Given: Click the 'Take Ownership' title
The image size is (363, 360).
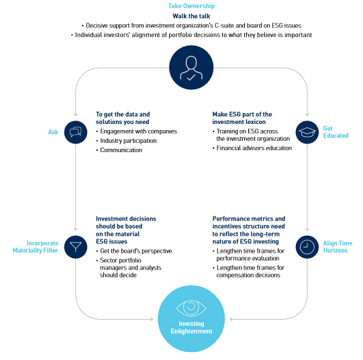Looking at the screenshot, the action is pos(191,6).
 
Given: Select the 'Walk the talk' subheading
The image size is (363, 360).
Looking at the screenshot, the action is pos(191,16).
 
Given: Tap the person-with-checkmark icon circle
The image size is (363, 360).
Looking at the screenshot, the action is pos(191,67).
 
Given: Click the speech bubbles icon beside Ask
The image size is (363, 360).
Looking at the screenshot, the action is pos(76,132).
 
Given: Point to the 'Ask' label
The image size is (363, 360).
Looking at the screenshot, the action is pos(53,132).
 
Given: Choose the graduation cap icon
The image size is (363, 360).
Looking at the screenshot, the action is pos(307,132).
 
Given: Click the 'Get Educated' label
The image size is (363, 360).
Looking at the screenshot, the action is pos(335,132).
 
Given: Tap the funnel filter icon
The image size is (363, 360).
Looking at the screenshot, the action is pos(76,247).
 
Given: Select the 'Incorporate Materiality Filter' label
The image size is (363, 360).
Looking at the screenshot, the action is pos(36,247).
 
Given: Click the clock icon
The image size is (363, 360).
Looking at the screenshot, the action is pos(307,247).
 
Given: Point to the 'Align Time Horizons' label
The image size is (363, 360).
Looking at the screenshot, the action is pos(338,247).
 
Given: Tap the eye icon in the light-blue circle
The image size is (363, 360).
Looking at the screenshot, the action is pos(191,308).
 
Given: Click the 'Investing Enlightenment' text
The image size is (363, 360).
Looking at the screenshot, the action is pos(191,327).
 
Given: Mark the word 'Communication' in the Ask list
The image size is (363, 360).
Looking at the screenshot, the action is pos(121,150).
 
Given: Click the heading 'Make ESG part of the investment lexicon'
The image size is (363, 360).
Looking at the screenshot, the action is pos(242,118).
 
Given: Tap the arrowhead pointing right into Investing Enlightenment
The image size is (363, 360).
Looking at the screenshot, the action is pos(152,319).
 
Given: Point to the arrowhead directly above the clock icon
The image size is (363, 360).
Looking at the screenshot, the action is pos(307,229).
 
